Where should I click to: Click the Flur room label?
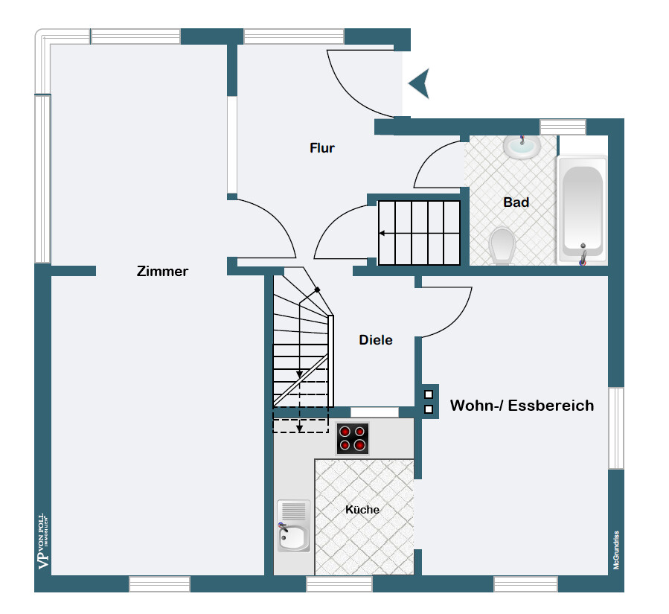(x=322, y=148)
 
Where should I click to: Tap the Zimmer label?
(x=162, y=272)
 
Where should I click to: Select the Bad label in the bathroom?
(x=516, y=202)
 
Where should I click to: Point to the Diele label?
(x=376, y=340)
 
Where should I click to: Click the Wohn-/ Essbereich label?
(x=522, y=406)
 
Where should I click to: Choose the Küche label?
(x=362, y=510)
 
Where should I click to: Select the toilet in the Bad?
(x=503, y=245)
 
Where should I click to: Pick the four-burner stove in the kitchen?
(x=352, y=438)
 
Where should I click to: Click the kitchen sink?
(x=293, y=526)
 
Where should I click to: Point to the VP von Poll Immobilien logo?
(x=42, y=541)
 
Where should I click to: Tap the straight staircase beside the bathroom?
(x=420, y=233)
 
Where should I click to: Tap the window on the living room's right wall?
(x=616, y=428)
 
